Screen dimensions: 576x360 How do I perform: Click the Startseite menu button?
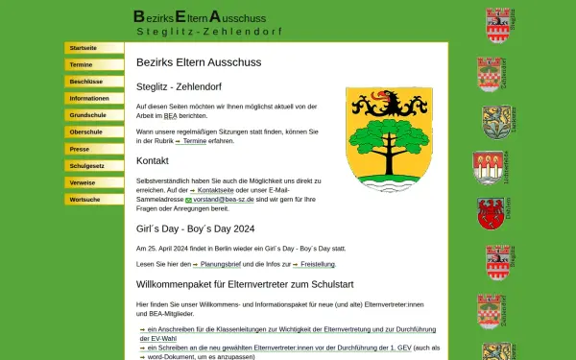pos(93,47)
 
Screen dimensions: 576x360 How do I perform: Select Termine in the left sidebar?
pos(93,64)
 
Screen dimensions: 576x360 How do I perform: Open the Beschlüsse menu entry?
pos(93,82)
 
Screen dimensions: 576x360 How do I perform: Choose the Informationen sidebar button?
pos(93,98)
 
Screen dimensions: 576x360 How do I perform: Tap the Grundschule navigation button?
pos(93,115)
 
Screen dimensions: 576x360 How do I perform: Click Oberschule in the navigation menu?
pos(93,132)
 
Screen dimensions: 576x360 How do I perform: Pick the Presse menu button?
pos(93,150)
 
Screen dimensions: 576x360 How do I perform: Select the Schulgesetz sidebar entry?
pos(93,166)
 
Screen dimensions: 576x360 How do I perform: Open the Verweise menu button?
pos(93,182)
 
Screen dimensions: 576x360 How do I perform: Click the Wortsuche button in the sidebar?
pos(93,200)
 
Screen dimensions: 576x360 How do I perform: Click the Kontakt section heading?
pos(153,160)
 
